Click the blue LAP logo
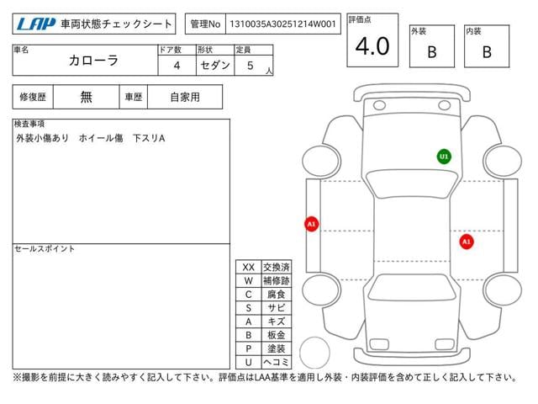tap(36, 24)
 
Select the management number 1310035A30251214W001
tap(282, 24)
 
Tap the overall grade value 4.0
tap(372, 46)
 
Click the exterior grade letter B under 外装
tap(432, 52)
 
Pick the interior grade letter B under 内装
tap(487, 52)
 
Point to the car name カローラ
tap(93, 61)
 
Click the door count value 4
tap(177, 66)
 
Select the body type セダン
tap(215, 66)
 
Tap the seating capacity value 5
tap(251, 66)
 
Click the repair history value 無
tap(86, 97)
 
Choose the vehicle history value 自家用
tap(185, 98)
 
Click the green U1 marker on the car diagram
tap(444, 157)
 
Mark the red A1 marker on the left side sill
tap(312, 225)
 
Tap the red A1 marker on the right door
tap(467, 242)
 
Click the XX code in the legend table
tap(249, 268)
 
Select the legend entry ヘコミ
tap(277, 362)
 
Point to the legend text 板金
tap(277, 335)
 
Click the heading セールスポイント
tap(45, 249)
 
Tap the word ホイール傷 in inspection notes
tap(101, 138)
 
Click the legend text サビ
tap(277, 308)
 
